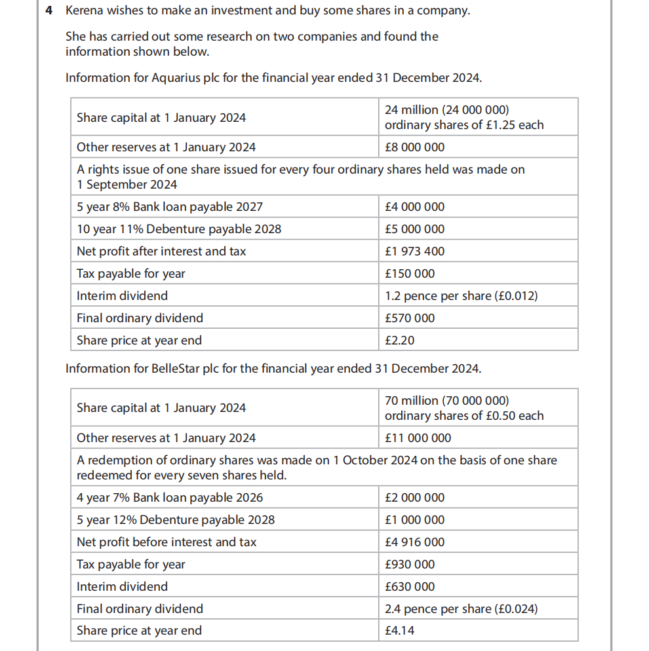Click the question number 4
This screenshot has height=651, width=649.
pos(49,12)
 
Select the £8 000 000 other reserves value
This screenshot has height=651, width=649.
pos(414,147)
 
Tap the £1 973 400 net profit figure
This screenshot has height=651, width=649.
pos(414,251)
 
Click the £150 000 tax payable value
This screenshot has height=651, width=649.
pos(410,274)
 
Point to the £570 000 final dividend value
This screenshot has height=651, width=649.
pos(410,318)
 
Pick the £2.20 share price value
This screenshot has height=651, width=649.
pos(400,341)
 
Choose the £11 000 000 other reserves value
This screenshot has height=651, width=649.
pos(418,438)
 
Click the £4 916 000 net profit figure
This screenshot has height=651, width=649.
pos(414,542)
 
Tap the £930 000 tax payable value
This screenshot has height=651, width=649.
pos(410,565)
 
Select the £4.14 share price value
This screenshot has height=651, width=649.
pos(400,631)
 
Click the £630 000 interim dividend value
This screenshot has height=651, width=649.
pos(410,587)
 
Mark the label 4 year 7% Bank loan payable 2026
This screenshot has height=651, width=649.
pos(170,498)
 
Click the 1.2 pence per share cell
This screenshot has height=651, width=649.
pos(461,296)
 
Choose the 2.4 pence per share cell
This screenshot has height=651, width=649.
pos(461,609)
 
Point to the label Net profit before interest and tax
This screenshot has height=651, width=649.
pos(167,542)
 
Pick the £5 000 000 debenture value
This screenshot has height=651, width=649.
pos(414,229)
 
